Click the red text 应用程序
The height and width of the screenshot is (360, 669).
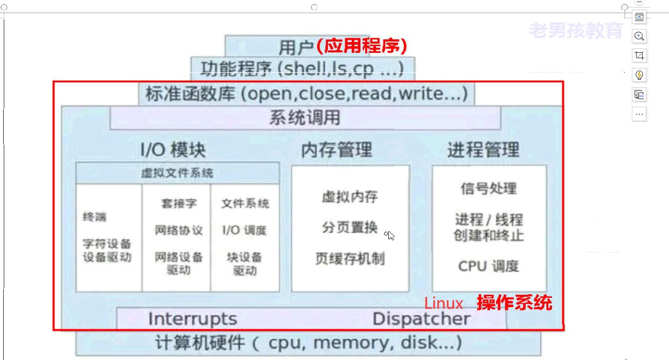pyautogui.click(x=361, y=46)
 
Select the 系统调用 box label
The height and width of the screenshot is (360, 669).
pyautogui.click(x=305, y=117)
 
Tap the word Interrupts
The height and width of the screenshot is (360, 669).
pyautogui.click(x=192, y=319)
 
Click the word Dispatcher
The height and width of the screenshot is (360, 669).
pyautogui.click(x=421, y=319)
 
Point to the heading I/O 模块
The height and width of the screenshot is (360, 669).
pyautogui.click(x=173, y=149)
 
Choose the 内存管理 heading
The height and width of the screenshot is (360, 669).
pyautogui.click(x=337, y=149)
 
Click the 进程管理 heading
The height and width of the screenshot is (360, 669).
pyautogui.click(x=483, y=149)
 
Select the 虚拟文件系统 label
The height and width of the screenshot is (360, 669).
pyautogui.click(x=177, y=173)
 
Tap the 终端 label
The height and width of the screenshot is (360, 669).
pyautogui.click(x=94, y=217)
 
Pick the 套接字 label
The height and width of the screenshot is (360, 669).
pyautogui.click(x=179, y=204)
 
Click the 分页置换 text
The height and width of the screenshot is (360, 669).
pyautogui.click(x=350, y=227)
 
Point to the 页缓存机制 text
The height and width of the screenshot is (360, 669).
pyautogui.click(x=350, y=259)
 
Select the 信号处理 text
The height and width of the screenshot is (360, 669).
pyautogui.click(x=489, y=188)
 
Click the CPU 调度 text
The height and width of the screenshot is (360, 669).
pyautogui.click(x=489, y=266)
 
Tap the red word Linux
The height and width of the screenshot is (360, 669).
pyautogui.click(x=443, y=303)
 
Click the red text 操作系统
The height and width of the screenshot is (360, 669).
pyautogui.click(x=514, y=302)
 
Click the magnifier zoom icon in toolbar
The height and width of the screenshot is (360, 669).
pyautogui.click(x=639, y=36)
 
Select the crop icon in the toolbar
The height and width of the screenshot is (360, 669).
pyautogui.click(x=639, y=56)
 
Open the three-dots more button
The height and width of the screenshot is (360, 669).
pyautogui.click(x=639, y=114)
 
